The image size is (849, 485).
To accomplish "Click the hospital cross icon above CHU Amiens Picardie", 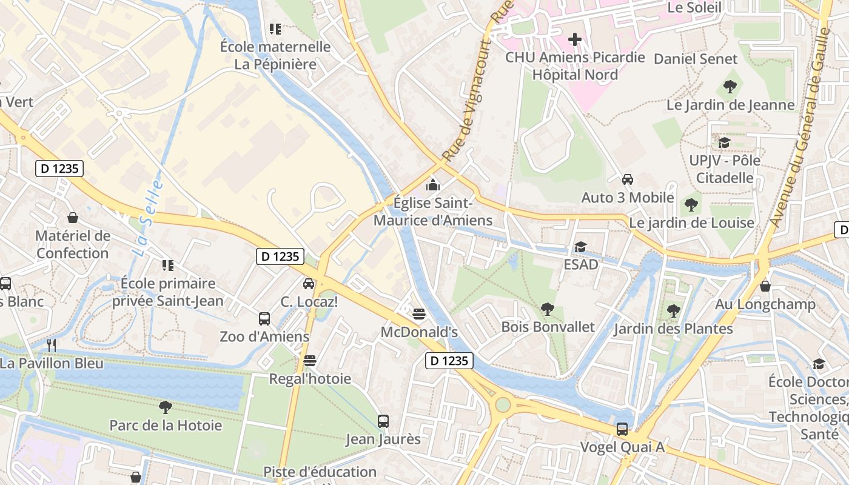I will point(574,40).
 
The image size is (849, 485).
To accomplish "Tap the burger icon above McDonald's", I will point(418,313).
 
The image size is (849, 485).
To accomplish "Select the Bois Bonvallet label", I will point(548,327).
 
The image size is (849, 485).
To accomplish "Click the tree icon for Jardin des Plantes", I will point(673,311).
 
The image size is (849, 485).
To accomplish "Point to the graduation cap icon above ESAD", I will point(580,247).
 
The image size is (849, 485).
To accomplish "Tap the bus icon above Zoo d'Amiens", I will point(264,318).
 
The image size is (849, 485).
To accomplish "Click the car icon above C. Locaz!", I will point(309,283).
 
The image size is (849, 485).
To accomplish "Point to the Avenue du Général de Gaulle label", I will point(801,115).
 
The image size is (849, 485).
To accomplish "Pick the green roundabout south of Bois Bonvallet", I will point(503,404).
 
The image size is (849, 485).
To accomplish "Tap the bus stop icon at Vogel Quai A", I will point(622,429).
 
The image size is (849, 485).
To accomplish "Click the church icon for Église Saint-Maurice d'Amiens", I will point(433,184).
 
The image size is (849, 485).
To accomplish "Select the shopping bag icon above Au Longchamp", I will point(765,286).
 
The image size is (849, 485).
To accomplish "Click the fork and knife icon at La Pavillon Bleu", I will point(52,346).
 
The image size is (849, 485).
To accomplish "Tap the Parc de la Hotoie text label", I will point(166,426).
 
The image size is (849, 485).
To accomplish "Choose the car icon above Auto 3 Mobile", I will point(628,179).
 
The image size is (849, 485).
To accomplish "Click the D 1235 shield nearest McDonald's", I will point(449,361).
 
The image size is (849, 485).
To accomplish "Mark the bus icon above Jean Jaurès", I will point(383,421).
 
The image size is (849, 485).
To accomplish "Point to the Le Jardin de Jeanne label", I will point(730,105).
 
